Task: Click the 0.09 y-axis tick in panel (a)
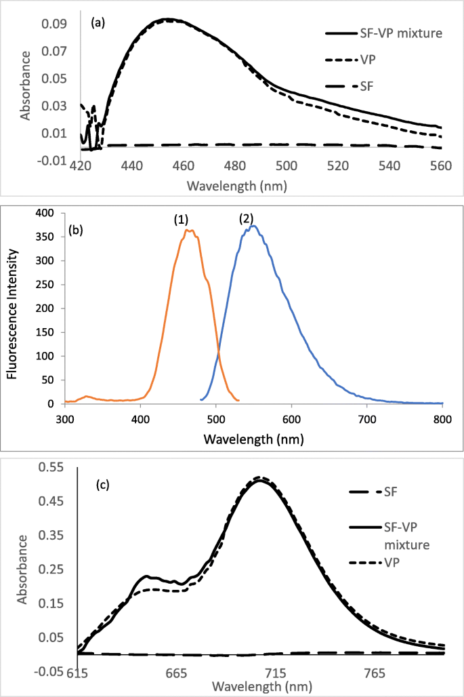coord(60,24)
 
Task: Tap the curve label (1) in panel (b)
coord(181,219)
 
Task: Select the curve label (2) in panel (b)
coord(247,219)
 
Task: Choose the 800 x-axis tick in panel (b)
coord(442,418)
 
